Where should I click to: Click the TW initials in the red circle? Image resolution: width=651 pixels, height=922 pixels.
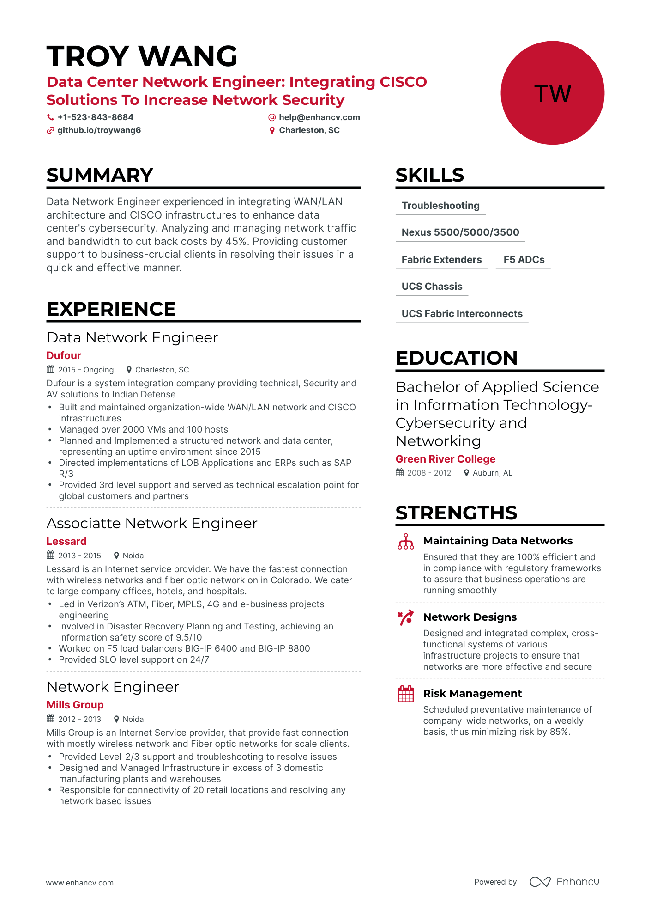pyautogui.click(x=552, y=93)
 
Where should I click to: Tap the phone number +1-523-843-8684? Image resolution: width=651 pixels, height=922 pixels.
pyautogui.click(x=95, y=117)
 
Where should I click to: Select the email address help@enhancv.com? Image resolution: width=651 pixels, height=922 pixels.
pyautogui.click(x=319, y=117)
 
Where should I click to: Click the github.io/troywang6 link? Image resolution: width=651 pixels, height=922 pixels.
pyautogui.click(x=99, y=130)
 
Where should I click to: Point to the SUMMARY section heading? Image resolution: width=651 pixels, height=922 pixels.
pyautogui.click(x=100, y=175)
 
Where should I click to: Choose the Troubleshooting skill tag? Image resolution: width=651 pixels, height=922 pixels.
pyautogui.click(x=440, y=206)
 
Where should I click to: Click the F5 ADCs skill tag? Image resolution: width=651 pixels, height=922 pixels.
pyautogui.click(x=524, y=260)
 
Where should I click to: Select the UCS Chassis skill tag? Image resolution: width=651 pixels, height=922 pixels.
pyautogui.click(x=432, y=287)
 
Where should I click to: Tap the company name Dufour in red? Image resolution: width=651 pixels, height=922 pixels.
pyautogui.click(x=64, y=355)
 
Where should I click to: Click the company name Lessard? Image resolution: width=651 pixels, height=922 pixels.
pyautogui.click(x=66, y=541)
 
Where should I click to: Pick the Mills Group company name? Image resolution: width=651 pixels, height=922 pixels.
pyautogui.click(x=75, y=705)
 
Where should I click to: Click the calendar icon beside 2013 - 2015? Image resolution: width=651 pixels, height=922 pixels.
pyautogui.click(x=51, y=555)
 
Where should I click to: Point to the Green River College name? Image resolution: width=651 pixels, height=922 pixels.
pyautogui.click(x=445, y=459)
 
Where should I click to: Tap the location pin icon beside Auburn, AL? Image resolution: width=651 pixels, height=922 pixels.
pyautogui.click(x=467, y=473)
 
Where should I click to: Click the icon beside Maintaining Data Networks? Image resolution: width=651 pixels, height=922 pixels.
pyautogui.click(x=405, y=541)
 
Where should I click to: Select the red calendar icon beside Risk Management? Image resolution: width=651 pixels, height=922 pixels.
pyautogui.click(x=405, y=694)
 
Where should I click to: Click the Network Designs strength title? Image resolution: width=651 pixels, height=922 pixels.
pyautogui.click(x=470, y=617)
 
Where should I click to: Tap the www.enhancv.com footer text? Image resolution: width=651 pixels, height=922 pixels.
pyautogui.click(x=79, y=883)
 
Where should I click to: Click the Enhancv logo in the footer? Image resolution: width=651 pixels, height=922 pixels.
pyautogui.click(x=564, y=882)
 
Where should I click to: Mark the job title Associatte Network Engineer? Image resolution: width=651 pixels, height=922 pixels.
pyautogui.click(x=152, y=523)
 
